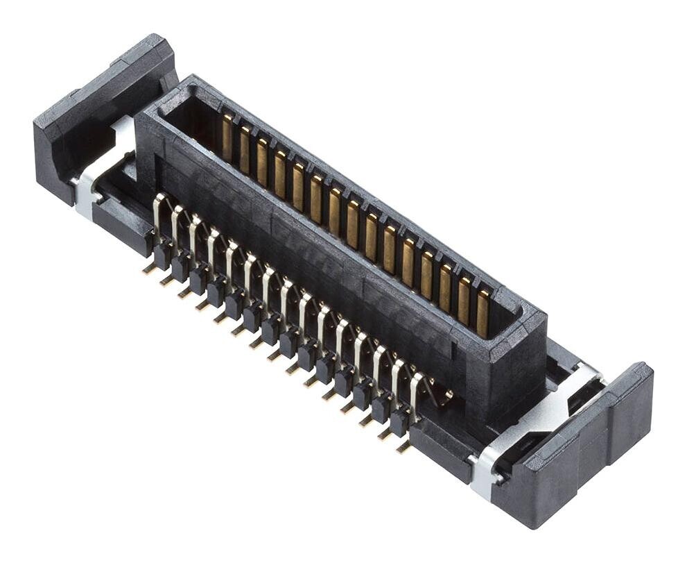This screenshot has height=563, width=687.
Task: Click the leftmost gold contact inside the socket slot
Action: [227, 137]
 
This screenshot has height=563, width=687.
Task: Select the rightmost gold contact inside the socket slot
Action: [482, 313]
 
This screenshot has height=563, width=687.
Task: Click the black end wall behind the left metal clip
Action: [90, 104]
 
